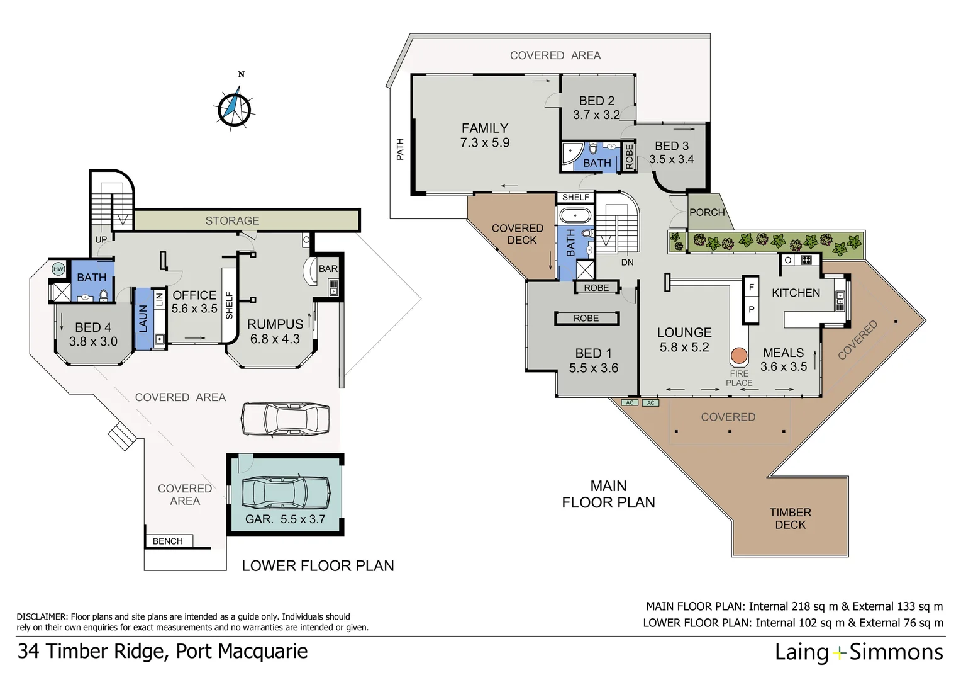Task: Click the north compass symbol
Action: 234,108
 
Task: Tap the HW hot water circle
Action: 58,269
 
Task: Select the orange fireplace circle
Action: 739,356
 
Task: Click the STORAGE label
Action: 232,220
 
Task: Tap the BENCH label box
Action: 168,541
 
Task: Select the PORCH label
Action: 707,212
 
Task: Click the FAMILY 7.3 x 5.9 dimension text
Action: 484,143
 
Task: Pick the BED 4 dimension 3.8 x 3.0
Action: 93,342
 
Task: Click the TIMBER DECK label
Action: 790,519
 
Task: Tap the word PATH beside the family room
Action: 400,149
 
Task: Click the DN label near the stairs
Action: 627,262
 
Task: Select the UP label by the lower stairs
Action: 101,239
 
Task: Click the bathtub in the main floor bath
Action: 574,217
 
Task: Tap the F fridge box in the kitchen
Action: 751,288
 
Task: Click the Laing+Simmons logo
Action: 858,652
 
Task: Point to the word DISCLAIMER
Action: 42,617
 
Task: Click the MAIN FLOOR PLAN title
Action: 608,494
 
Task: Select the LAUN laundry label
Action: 143,318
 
